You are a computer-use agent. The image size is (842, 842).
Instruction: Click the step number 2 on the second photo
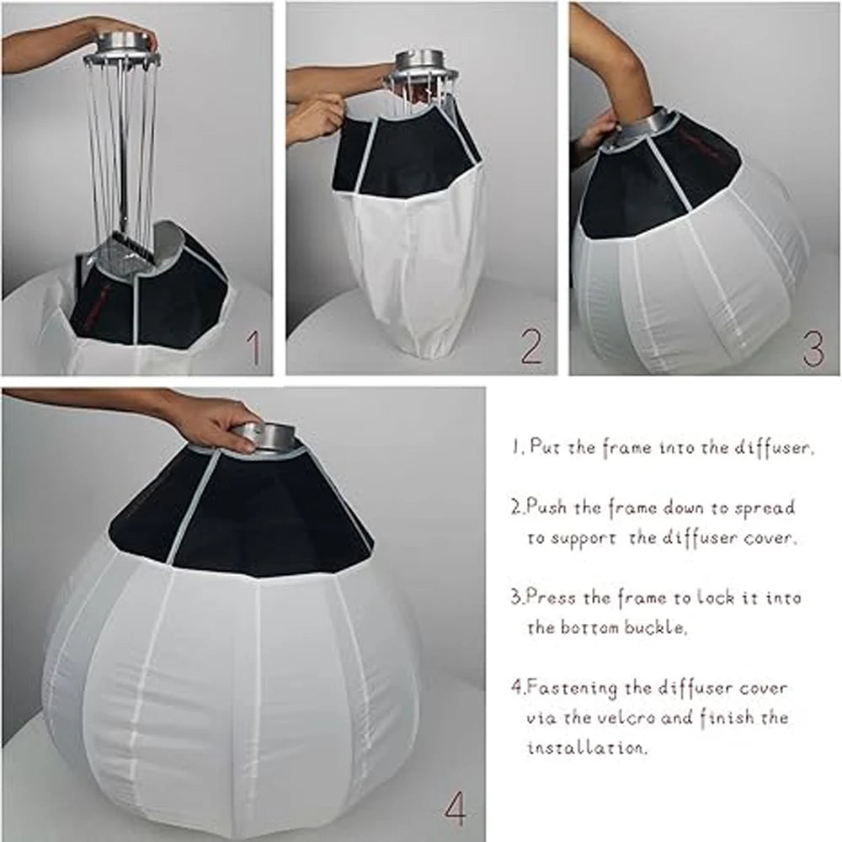click(x=530, y=346)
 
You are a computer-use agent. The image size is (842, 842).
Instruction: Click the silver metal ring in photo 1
click(x=126, y=46)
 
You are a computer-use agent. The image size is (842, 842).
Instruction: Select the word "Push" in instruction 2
click(x=546, y=509)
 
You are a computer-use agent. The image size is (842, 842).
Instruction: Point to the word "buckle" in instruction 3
click(x=649, y=628)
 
